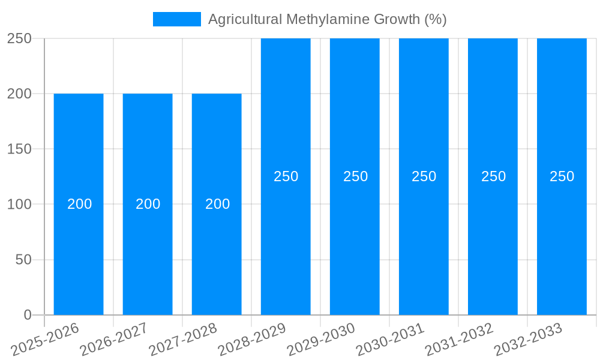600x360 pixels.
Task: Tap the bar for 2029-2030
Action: [355, 240]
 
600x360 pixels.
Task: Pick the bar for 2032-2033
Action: [562, 240]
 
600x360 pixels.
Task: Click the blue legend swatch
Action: [177, 19]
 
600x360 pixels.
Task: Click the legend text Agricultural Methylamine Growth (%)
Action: [327, 19]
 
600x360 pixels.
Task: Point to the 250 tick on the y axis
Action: [19, 38]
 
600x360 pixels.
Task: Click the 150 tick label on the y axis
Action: [19, 149]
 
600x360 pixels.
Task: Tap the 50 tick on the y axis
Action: [23, 260]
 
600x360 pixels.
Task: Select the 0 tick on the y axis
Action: [28, 315]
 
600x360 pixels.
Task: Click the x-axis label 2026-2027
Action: [114, 340]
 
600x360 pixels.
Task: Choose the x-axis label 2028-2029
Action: [252, 340]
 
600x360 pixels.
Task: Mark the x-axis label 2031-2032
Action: [459, 340]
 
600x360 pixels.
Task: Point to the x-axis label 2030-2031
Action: [390, 340]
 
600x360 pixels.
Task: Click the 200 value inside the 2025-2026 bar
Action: [80, 204]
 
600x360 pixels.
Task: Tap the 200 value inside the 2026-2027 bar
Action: [148, 204]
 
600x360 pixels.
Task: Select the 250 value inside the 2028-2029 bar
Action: [286, 176]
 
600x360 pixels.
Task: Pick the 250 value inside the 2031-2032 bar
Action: [494, 176]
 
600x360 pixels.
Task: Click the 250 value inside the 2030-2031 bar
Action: [424, 176]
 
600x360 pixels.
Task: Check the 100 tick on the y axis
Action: [19, 204]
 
